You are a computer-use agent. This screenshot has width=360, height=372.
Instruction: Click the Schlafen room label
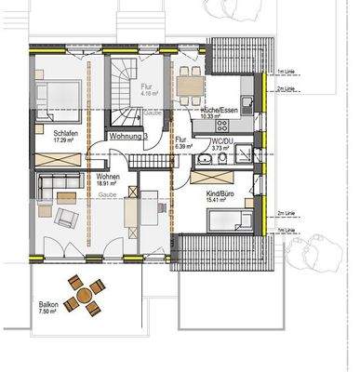coord(64,134)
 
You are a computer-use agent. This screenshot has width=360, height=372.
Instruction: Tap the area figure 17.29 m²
coord(64,141)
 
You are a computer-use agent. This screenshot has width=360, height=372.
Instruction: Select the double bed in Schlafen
coord(53,97)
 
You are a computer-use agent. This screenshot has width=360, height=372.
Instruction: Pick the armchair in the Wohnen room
coord(66,218)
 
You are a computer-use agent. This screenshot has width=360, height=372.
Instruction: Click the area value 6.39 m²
coord(183,146)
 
